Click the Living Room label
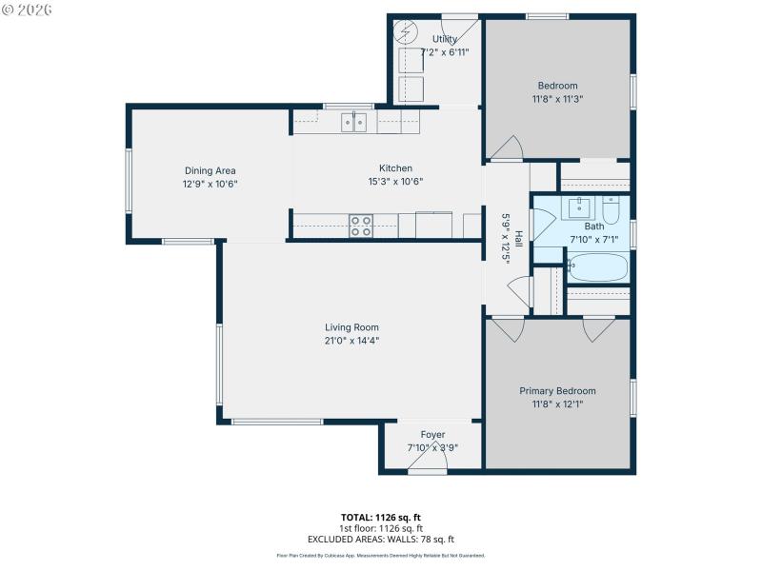[352, 327]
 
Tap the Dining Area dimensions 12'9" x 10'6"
[211, 184]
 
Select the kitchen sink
[354, 121]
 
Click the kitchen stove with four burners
[361, 226]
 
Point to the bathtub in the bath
[597, 267]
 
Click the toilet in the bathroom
[612, 207]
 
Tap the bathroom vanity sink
[579, 207]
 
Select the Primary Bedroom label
[557, 391]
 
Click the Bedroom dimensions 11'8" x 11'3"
[557, 98]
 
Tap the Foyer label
[432, 435]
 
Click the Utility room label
[444, 39]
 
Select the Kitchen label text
[395, 168]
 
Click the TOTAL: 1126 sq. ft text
[381, 517]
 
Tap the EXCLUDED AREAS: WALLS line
[381, 539]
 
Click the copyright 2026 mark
[28, 10]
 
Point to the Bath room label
[593, 226]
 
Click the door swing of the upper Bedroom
[505, 148]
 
